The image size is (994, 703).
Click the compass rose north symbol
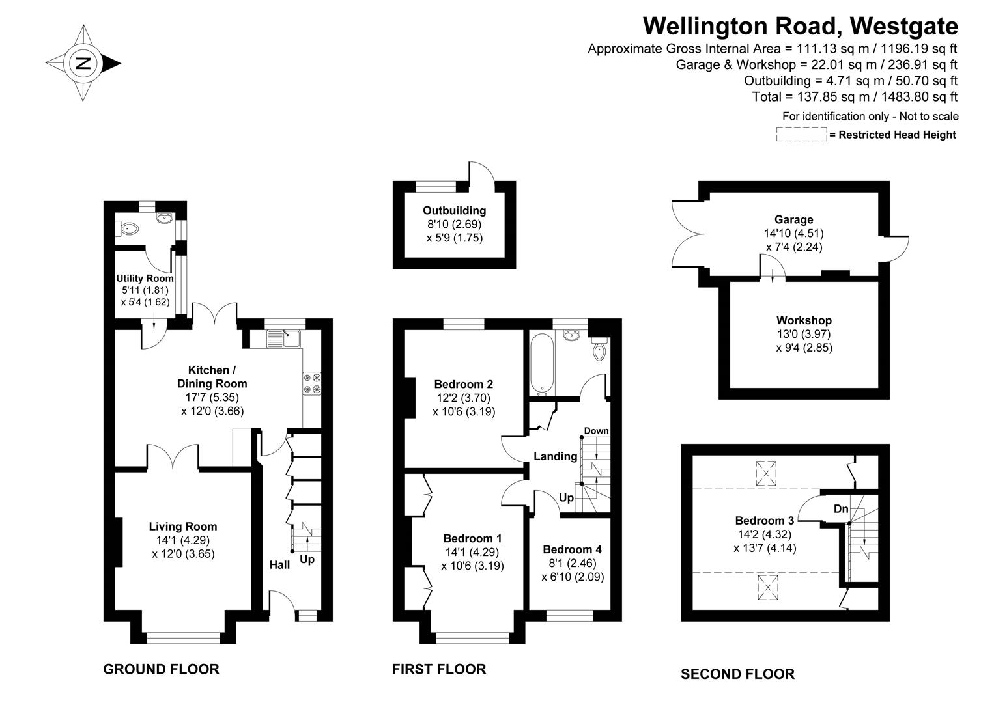pyautogui.click(x=83, y=63)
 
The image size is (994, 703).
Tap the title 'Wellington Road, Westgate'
pyautogui.click(x=801, y=26)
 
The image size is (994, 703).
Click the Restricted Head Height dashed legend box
pyautogui.click(x=801, y=135)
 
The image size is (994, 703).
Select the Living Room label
pyautogui.click(x=183, y=527)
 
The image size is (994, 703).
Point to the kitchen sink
pyautogui.click(x=284, y=338)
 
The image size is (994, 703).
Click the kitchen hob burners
pyautogui.click(x=312, y=383)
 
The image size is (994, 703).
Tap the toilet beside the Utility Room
pyautogui.click(x=129, y=228)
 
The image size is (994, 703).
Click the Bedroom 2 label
pyautogui.click(x=463, y=384)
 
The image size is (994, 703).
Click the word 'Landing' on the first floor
pyautogui.click(x=555, y=456)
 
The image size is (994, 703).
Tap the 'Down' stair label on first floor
pyautogui.click(x=596, y=431)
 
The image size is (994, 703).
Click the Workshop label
pyautogui.click(x=804, y=320)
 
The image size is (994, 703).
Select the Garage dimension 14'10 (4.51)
pyautogui.click(x=793, y=233)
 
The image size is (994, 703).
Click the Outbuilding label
pyautogui.click(x=454, y=210)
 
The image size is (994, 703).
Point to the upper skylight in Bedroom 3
pyautogui.click(x=766, y=473)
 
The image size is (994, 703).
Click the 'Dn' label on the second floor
pyautogui.click(x=841, y=508)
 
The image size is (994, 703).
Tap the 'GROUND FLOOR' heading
pyautogui.click(x=161, y=669)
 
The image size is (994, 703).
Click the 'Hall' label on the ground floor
pyautogui.click(x=279, y=564)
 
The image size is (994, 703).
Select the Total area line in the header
pyautogui.click(x=854, y=97)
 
